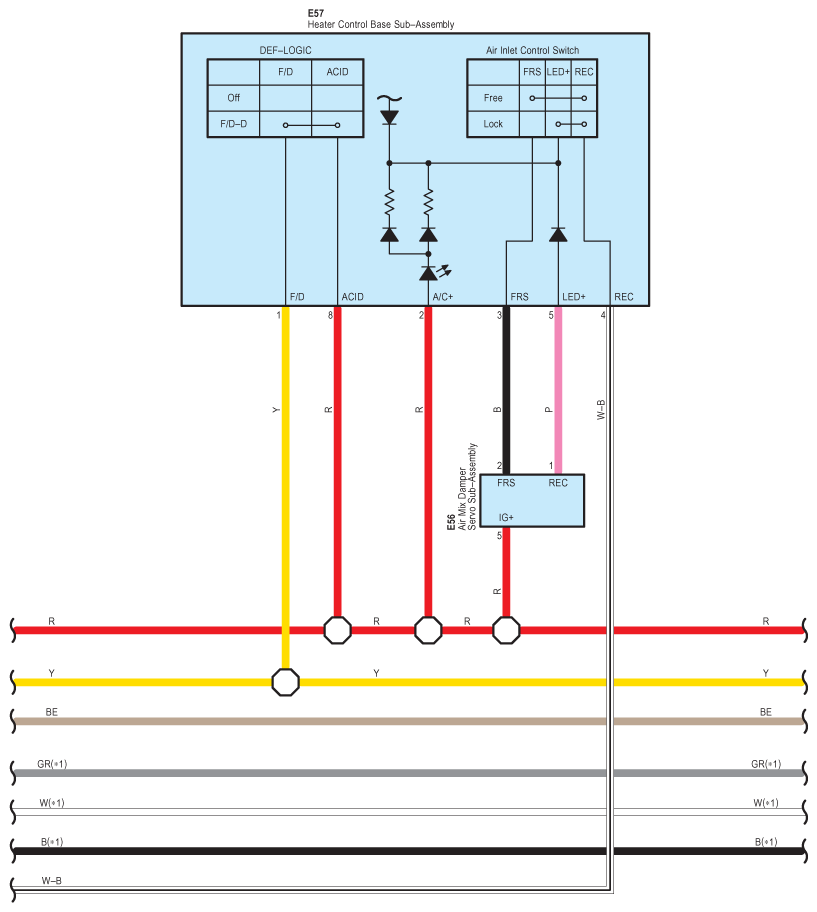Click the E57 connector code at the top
pyautogui.click(x=316, y=14)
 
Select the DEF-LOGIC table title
pyautogui.click(x=284, y=50)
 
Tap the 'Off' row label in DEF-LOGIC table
pyautogui.click(x=233, y=98)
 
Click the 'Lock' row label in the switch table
pyautogui.click(x=493, y=124)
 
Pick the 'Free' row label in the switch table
pyautogui.click(x=493, y=98)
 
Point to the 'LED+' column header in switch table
pyautogui.click(x=558, y=72)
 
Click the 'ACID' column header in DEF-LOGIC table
pyautogui.click(x=337, y=72)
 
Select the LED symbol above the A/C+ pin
pyautogui.click(x=429, y=273)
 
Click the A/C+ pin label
pyautogui.click(x=442, y=297)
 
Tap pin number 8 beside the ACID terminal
pyautogui.click(x=330, y=316)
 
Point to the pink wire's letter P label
pyautogui.click(x=547, y=410)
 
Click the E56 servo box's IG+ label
pyautogui.click(x=506, y=517)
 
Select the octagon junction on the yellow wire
pyautogui.click(x=286, y=682)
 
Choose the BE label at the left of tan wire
pyautogui.click(x=52, y=712)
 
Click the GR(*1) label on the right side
pyautogui.click(x=766, y=764)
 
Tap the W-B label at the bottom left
pyautogui.click(x=52, y=880)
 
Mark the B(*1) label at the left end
pyautogui.click(x=52, y=842)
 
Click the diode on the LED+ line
pyautogui.click(x=558, y=234)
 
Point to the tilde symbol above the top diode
pyautogui.click(x=389, y=99)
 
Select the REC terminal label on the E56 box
pyautogui.click(x=558, y=483)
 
